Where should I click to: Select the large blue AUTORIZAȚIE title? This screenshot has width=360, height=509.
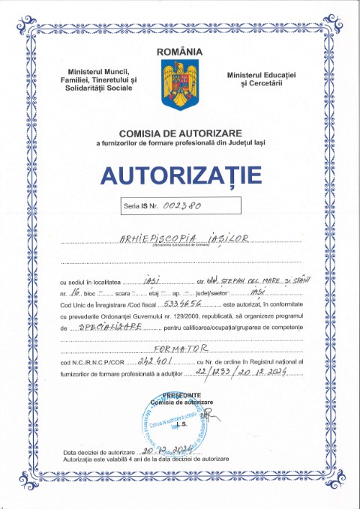pyautogui.click(x=180, y=174)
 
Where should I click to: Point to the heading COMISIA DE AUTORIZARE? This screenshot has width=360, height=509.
pyautogui.click(x=180, y=133)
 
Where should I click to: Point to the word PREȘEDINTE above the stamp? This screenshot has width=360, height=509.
pyautogui.click(x=180, y=394)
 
